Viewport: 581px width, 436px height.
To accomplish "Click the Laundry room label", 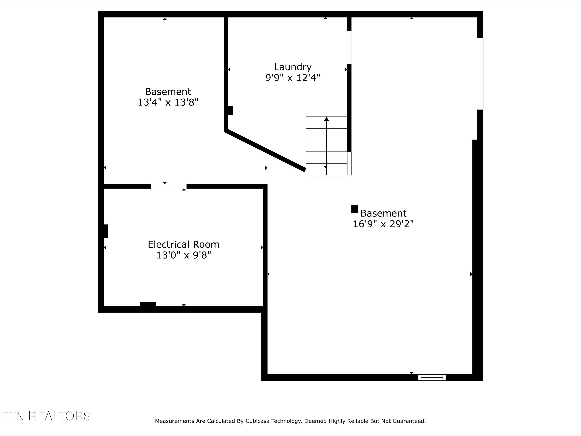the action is (x=293, y=67).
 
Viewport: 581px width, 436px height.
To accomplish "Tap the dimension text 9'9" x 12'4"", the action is (x=293, y=78).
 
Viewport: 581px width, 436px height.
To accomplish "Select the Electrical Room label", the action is (x=183, y=244).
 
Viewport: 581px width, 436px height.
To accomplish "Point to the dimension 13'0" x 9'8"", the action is (x=184, y=255).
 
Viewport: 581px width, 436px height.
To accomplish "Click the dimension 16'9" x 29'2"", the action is (x=383, y=224).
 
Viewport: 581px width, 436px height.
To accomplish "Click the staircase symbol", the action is (x=328, y=146).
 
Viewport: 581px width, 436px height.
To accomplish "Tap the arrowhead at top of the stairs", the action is (x=327, y=119).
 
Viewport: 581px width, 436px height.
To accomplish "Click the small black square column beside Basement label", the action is (x=355, y=209).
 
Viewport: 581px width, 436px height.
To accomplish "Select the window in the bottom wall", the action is (x=432, y=377).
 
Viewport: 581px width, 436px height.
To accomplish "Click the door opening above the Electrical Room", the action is (x=168, y=187).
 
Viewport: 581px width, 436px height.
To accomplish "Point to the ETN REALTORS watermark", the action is (x=46, y=416).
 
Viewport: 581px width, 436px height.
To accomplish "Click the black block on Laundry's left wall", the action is (x=230, y=110).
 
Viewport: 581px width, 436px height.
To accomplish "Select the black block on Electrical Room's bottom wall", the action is (x=148, y=304).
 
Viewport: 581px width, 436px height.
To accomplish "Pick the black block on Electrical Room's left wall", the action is (x=106, y=231).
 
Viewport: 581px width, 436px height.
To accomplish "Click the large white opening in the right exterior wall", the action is (x=480, y=74).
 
